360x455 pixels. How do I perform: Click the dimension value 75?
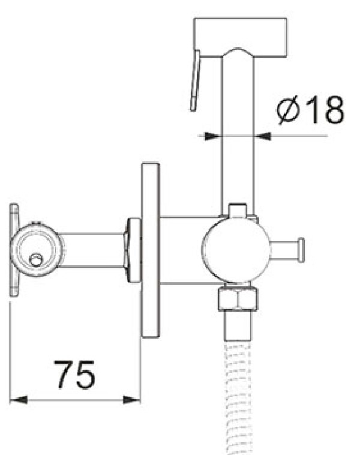click(74, 375)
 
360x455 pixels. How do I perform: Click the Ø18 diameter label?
click(310, 110)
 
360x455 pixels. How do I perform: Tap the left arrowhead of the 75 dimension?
click(18, 400)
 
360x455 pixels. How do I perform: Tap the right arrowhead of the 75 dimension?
click(131, 400)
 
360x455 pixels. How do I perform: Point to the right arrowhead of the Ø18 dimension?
click(262, 136)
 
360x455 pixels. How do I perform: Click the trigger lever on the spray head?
click(195, 80)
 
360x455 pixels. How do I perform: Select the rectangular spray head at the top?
click(240, 37)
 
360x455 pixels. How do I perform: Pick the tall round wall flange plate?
click(151, 250)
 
